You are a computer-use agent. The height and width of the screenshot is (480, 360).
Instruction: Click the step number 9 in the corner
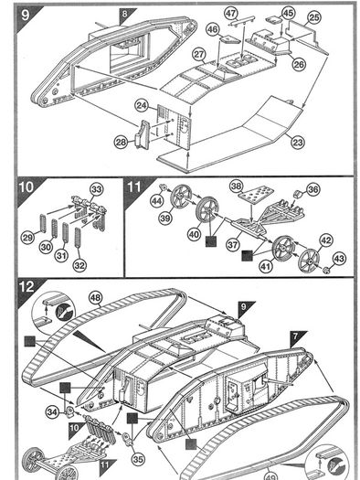pos(25,15)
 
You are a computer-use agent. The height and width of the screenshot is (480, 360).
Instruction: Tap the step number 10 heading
pos(26,187)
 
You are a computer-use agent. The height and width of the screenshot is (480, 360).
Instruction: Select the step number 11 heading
pos(133,187)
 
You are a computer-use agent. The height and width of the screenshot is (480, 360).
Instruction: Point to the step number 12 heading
pos(26,287)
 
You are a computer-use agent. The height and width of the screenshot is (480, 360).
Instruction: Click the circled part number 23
pos(297,142)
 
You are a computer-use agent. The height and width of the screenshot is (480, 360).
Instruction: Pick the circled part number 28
pos(122,142)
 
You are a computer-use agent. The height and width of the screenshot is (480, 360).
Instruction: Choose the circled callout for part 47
pos(231,13)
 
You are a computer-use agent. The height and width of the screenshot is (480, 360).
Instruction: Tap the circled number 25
pos(313,17)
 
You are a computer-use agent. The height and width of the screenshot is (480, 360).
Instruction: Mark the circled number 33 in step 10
pos(96,189)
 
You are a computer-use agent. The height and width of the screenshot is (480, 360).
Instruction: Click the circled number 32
pos(79,265)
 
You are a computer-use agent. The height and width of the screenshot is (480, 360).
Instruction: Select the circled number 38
pos(237,187)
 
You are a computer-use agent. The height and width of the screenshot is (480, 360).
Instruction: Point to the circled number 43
pos(339,259)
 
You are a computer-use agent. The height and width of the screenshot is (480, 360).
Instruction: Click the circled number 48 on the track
pos(96,297)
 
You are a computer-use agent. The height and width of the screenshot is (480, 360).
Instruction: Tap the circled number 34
pos(52,412)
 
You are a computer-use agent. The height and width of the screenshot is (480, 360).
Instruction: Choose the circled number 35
pos(138,459)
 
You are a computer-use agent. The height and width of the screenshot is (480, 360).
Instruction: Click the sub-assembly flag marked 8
pos(125,16)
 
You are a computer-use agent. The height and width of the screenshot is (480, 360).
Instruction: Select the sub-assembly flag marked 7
pos(297,337)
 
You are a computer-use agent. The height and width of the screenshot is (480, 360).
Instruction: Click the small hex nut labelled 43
pos(327,270)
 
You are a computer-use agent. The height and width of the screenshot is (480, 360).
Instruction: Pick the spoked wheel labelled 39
pos(181,197)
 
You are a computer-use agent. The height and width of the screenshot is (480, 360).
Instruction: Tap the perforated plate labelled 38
pos(257,196)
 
